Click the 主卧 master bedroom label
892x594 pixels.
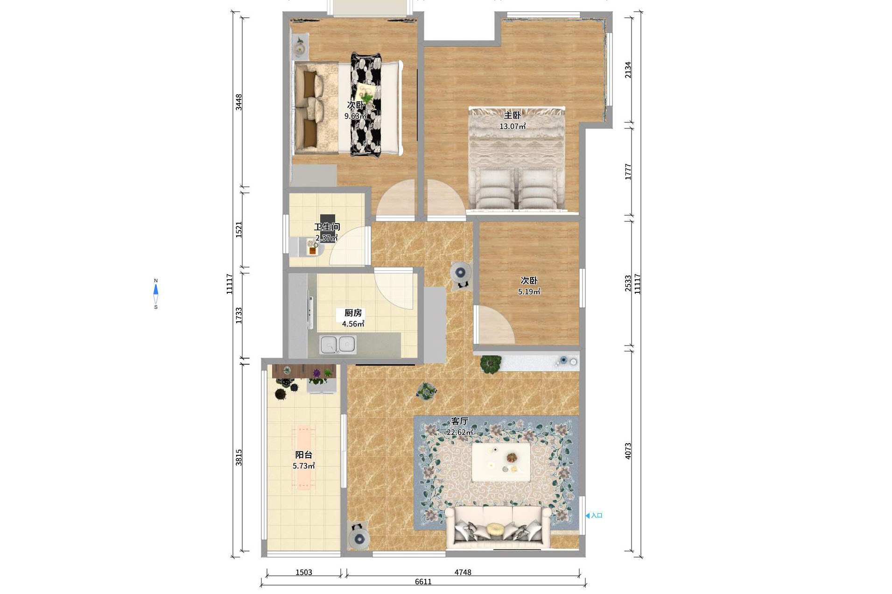coord(512,115)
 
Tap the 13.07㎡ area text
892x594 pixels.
coord(513,126)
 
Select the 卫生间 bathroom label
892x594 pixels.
coord(327,227)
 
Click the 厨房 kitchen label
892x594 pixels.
coord(353,313)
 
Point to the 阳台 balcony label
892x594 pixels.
coord(303,455)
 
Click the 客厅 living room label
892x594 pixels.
coord(460,421)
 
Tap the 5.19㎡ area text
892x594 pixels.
coord(529,292)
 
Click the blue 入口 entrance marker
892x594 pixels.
coord(594,516)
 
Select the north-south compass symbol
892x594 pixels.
coord(156,294)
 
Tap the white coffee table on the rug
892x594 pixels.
coord(501,462)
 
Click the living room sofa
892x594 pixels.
coord(499,528)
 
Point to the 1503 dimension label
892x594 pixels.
coord(303,572)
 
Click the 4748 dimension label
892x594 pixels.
coord(463,572)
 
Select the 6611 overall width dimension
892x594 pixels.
coord(423,581)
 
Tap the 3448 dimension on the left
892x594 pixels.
coord(239,102)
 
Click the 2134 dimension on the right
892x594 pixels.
coord(628,70)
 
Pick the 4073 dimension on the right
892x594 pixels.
coord(628,451)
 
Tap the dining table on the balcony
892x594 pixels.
coord(303,457)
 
